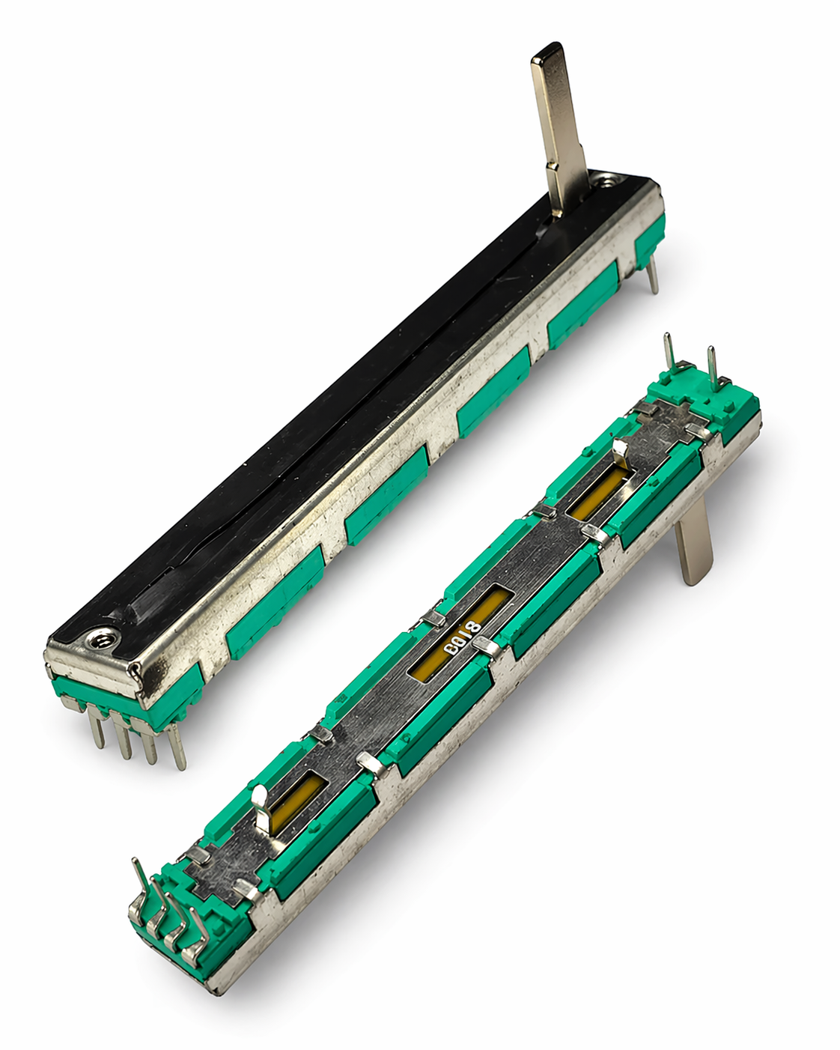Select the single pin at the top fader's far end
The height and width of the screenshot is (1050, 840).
(653, 275)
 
